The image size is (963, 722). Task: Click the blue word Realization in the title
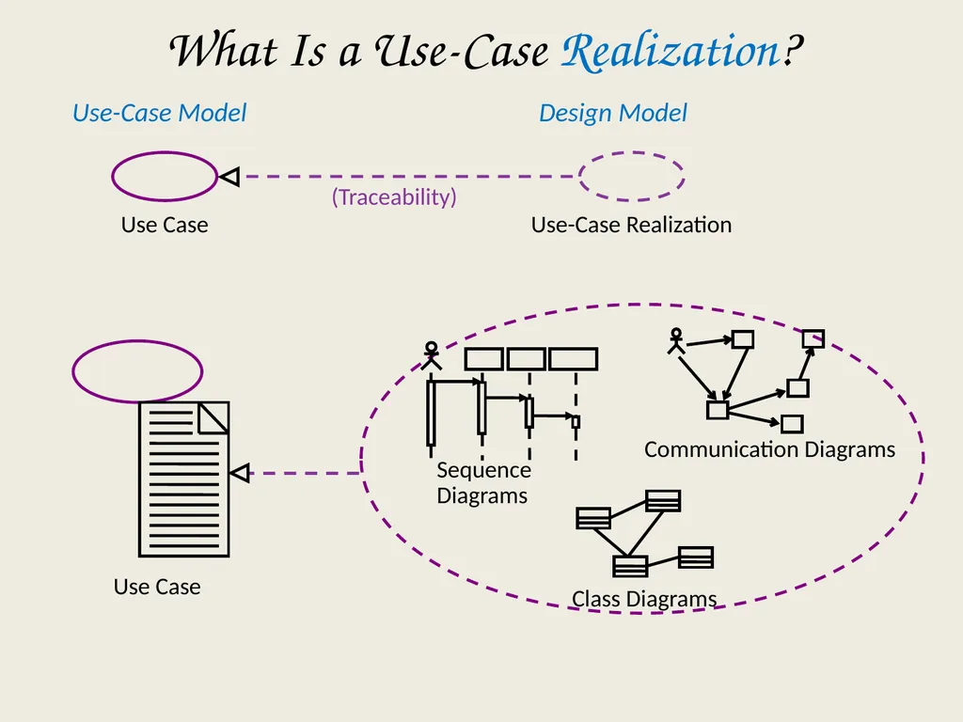pos(670,51)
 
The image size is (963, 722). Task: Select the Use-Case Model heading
pos(159,113)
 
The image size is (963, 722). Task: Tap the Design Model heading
pos(613,113)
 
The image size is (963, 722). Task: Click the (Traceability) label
pos(394,197)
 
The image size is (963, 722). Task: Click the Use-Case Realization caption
pos(631,225)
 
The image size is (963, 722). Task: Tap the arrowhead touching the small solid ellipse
pos(229,177)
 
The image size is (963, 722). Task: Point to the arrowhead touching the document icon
pos(240,474)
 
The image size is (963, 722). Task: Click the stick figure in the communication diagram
pos(675,341)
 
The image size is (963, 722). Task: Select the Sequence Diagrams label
pos(483,482)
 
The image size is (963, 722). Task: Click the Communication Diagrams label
pos(769,449)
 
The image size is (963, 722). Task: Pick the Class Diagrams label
pos(644,599)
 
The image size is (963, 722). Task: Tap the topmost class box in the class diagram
pos(663,501)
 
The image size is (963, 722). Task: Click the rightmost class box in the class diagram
pos(696,557)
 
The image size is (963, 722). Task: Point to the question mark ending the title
pos(793,51)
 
